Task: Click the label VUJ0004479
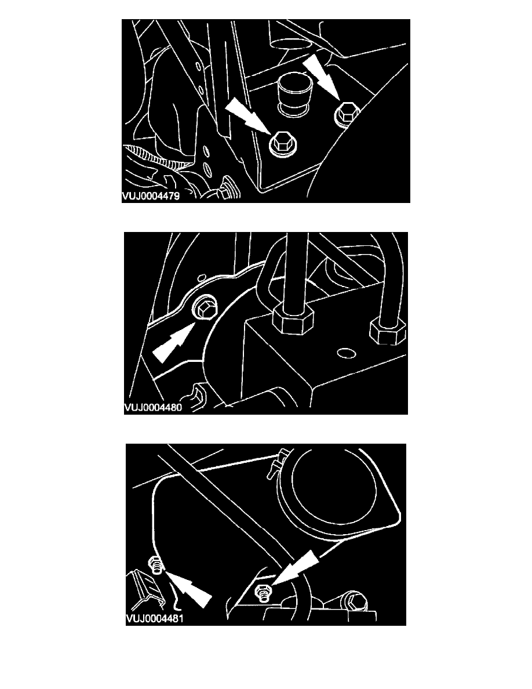(151, 196)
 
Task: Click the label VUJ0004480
(153, 407)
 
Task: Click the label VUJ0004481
(155, 619)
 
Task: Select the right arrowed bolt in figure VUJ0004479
(347, 113)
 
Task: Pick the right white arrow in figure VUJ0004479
(322, 77)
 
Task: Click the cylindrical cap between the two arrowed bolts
(291, 95)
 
